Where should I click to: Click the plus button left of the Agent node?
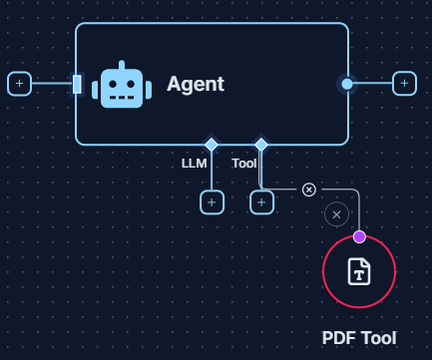pos(19,84)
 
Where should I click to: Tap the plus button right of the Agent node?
pos(404,84)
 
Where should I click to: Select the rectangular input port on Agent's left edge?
pos(77,84)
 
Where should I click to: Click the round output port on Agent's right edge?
pos(347,84)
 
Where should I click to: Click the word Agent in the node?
pos(195,85)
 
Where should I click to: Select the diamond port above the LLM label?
pos(212,145)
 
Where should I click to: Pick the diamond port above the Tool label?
pos(261,145)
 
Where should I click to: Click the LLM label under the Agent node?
pos(194,163)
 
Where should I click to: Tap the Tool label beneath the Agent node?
pos(244,163)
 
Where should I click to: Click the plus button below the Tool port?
pos(261,202)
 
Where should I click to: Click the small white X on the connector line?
pos(309,189)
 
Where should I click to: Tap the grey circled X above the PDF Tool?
pos(337,214)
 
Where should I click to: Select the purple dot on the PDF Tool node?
pos(359,236)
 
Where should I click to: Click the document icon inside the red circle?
pos(359,271)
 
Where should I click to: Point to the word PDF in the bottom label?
pos(339,338)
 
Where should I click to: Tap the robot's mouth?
pos(122,98)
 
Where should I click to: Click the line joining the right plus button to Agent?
pos(373,84)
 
